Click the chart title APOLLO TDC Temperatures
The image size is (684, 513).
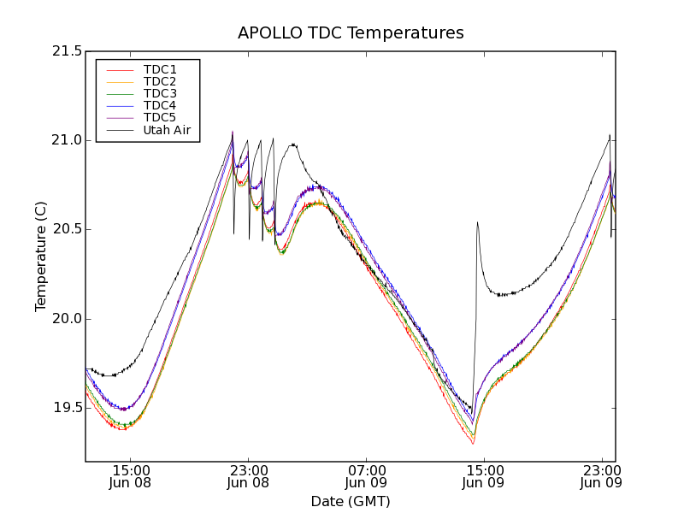coord(351,33)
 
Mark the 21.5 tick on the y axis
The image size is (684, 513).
coord(65,51)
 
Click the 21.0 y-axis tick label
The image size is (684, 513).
coord(65,140)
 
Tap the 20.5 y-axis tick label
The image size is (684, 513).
coord(65,229)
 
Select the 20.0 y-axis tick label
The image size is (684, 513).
coord(65,319)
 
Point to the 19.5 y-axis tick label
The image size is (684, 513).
coord(65,408)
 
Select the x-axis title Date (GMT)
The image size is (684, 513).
coord(351,501)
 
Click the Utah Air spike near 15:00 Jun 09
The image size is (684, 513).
coord(477,223)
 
